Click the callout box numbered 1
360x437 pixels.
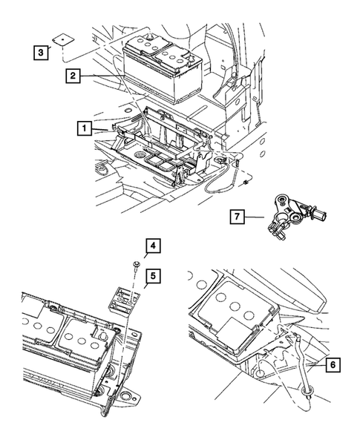[x=85, y=128]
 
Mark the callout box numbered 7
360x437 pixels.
[x=235, y=217]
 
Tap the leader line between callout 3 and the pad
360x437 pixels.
[x=56, y=49]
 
